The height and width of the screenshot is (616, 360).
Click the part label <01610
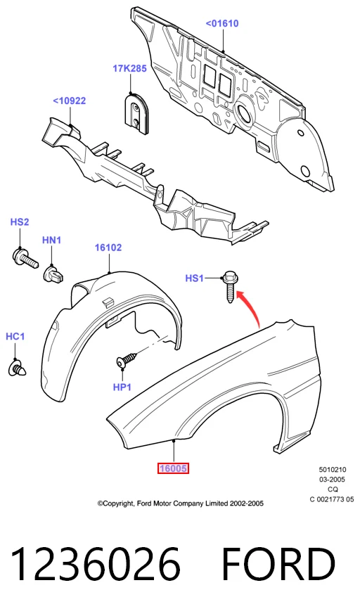(x=222, y=24)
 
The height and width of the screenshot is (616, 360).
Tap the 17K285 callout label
(x=129, y=68)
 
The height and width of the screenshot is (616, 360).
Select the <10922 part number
(x=69, y=101)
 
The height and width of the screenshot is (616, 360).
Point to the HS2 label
(x=20, y=222)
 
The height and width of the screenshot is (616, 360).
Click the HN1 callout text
(x=51, y=240)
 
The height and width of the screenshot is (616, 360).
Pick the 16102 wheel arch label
(x=108, y=248)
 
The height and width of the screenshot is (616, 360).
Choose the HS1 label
(x=195, y=278)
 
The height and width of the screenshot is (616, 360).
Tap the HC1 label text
(x=15, y=336)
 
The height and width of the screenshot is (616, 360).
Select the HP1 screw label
(x=122, y=387)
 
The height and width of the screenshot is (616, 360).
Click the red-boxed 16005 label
(x=173, y=468)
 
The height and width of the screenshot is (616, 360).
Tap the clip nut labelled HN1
(x=55, y=274)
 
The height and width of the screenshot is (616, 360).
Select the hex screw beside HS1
(x=230, y=287)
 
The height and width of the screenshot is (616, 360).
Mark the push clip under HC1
(x=18, y=368)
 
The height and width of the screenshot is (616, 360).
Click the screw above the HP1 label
(x=127, y=359)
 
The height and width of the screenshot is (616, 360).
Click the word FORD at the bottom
(x=278, y=565)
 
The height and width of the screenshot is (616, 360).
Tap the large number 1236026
(x=96, y=565)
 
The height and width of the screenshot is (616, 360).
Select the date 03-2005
(x=332, y=480)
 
